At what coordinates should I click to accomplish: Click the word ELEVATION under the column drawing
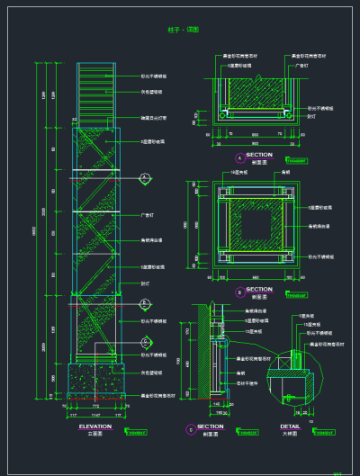tap(94, 426)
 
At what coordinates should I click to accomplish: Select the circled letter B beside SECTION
tap(239, 292)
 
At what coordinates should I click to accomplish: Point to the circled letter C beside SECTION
tap(190, 429)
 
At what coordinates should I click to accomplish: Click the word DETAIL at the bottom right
tap(290, 426)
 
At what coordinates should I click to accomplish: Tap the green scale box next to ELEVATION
tap(137, 431)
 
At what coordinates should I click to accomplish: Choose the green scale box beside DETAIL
tap(322, 431)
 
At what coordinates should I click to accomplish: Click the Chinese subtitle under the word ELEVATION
tap(94, 433)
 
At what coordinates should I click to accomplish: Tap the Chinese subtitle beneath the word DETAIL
tap(290, 433)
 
